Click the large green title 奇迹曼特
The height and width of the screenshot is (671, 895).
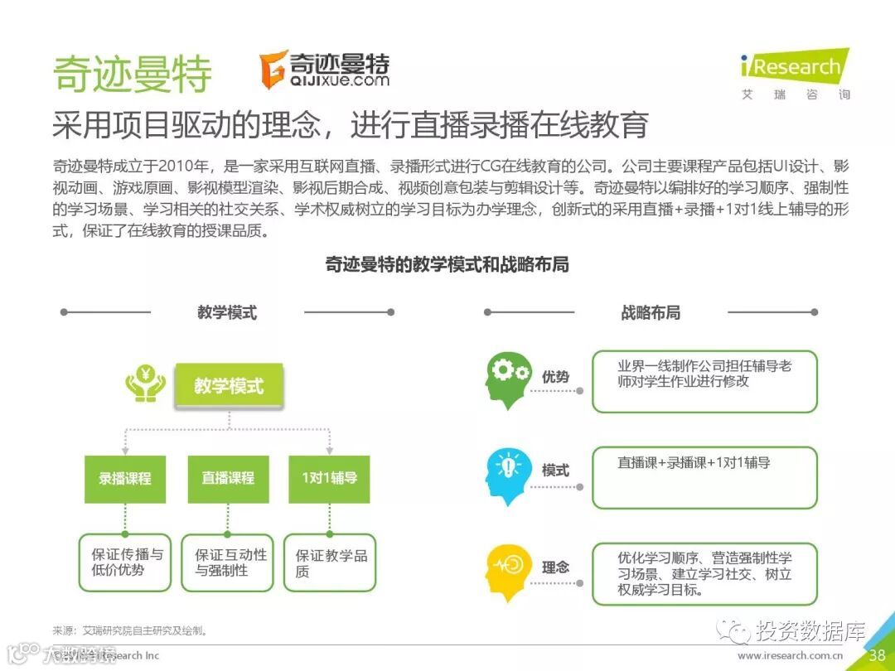[133, 74]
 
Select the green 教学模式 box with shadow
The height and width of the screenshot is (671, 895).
[229, 386]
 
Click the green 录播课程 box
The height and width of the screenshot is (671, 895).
[124, 479]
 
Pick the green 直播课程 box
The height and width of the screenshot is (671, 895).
[228, 479]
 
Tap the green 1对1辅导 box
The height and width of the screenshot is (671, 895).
[329, 479]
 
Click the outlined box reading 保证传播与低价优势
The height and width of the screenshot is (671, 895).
[126, 562]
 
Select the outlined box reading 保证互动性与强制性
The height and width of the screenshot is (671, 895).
[229, 562]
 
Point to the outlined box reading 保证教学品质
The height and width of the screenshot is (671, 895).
[330, 562]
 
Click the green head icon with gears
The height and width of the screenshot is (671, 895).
[507, 380]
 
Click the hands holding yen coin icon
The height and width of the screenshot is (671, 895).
[146, 384]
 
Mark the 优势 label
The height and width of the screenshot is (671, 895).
[556, 377]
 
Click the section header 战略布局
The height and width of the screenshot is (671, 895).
[651, 312]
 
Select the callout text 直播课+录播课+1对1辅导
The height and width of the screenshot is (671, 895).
[694, 463]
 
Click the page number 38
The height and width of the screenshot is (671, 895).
[877, 655]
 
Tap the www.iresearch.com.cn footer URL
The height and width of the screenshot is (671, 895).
[790, 655]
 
